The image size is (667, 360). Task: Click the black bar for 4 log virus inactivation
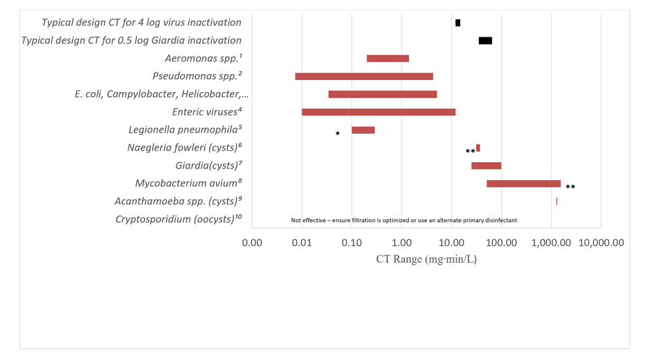point(458,23)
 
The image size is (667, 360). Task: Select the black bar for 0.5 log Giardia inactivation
point(485,41)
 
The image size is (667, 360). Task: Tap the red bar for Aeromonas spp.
point(388,59)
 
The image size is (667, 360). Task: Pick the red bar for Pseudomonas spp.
point(364,77)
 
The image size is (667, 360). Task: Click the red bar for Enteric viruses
point(378,112)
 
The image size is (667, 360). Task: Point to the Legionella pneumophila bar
point(363,130)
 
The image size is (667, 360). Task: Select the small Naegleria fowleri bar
point(478,148)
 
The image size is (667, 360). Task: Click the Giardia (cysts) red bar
point(486,165)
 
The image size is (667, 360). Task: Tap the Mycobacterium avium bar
point(524,183)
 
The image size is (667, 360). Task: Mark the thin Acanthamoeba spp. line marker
point(556,201)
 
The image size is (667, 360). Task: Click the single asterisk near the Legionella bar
point(338,134)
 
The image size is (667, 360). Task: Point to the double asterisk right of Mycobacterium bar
point(570,187)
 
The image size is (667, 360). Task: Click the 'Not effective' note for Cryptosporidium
point(404,220)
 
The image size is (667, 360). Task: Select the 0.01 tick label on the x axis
point(302,243)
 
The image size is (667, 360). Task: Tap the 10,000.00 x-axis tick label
point(600,243)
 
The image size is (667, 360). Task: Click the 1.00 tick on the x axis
point(402,243)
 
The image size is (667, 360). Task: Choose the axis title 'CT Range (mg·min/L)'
point(426,259)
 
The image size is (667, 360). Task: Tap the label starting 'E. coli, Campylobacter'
point(157,94)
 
